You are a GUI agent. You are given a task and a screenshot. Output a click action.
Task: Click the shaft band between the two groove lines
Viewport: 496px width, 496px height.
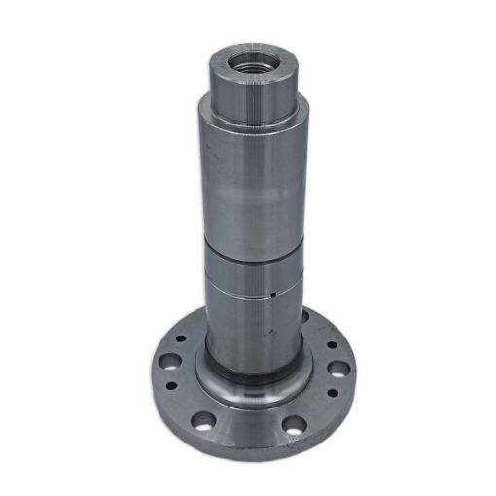(247, 272)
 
